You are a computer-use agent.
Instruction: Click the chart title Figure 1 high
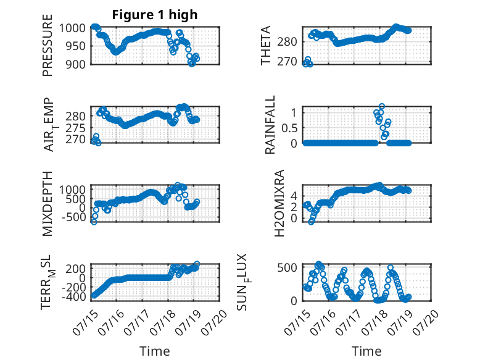point(155,15)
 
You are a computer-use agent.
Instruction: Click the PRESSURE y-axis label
point(48,45)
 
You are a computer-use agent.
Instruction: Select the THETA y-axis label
point(266,45)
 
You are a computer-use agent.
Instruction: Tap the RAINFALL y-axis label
point(270,124)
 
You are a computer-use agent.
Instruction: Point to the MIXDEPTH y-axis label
point(48,204)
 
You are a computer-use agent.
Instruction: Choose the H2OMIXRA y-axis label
point(279,203)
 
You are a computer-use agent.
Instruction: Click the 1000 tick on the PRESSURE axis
point(72,28)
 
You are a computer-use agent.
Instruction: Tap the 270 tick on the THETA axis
point(287,62)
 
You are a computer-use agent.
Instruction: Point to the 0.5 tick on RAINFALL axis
point(289,128)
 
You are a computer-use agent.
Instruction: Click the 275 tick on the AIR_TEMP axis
point(76,128)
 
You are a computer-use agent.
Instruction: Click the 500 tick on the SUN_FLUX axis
point(287,267)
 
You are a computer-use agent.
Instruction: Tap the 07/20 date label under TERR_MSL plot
point(214,322)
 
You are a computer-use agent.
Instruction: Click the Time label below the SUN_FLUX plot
point(366,351)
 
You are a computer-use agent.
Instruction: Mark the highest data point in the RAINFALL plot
point(381,107)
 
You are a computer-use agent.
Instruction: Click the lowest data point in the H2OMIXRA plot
point(312,222)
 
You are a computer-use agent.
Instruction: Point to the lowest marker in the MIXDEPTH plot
point(94,222)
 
